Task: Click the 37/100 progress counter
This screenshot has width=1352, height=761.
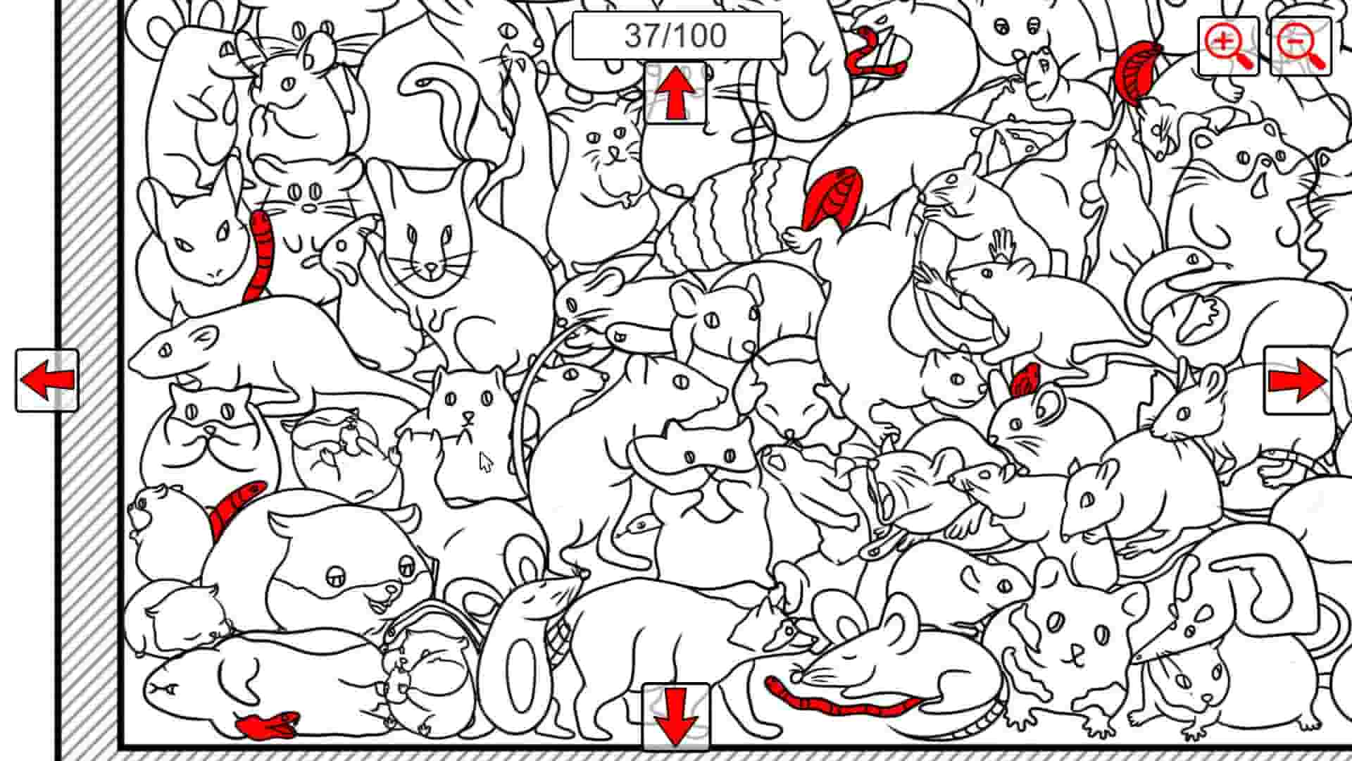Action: [x=676, y=35]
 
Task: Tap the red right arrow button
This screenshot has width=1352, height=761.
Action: [x=1297, y=380]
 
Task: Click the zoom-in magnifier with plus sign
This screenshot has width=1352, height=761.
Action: [x=1228, y=46]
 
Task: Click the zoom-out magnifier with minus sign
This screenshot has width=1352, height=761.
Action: [x=1301, y=46]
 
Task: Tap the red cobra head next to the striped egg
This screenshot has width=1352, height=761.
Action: [x=832, y=197]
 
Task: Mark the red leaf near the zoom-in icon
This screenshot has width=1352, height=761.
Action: [x=1137, y=70]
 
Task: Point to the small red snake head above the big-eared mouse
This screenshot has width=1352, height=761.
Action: [x=1025, y=380]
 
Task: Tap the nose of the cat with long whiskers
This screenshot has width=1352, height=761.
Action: [x=431, y=268]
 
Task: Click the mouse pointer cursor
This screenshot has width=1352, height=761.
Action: [x=485, y=462]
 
